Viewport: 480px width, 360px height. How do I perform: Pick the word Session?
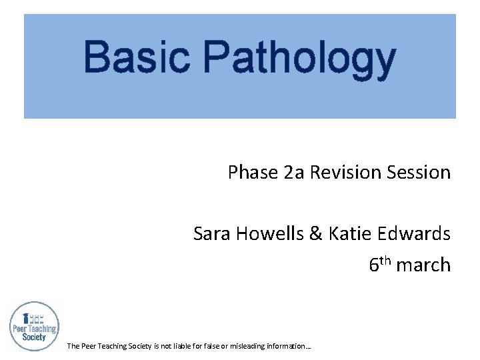[416, 173]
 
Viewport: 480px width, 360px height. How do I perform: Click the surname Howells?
[269, 234]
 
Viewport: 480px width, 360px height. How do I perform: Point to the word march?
[423, 265]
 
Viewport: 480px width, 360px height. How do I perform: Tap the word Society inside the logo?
[34, 337]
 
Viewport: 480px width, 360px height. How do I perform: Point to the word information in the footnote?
[288, 346]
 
